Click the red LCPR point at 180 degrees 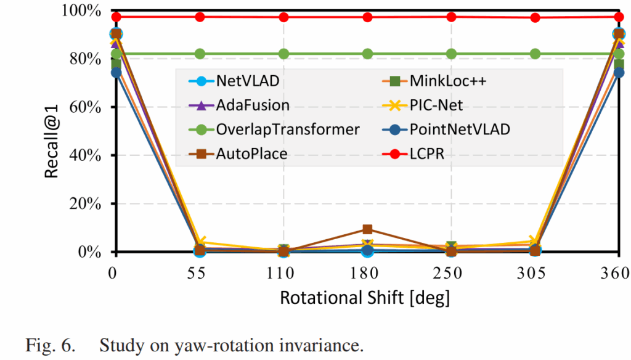[367, 17]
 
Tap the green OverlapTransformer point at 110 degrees [283, 54]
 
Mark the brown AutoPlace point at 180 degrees [367, 230]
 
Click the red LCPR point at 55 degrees [200, 17]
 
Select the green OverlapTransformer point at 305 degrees [535, 54]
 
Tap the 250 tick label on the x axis [451, 272]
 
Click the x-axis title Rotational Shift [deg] [365, 298]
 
